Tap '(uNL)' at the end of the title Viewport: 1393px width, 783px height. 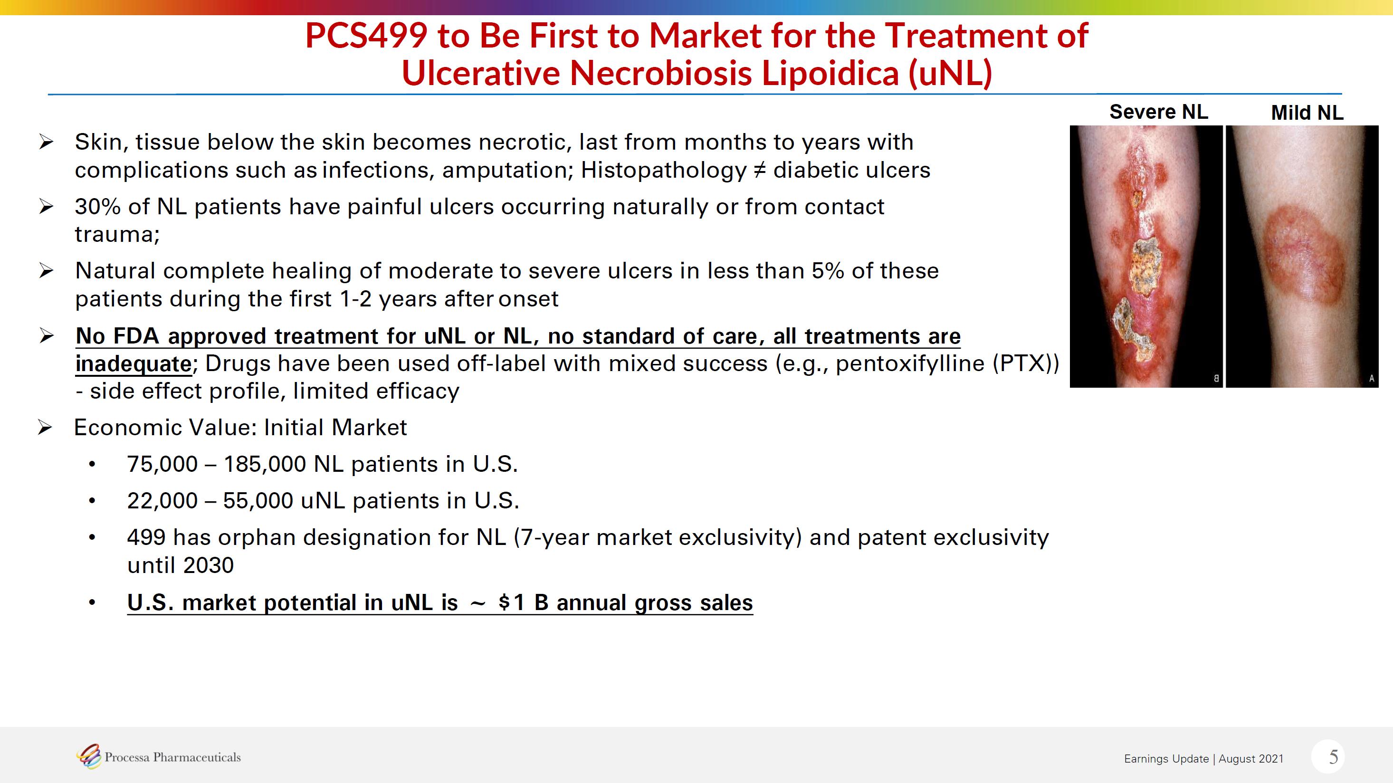click(x=950, y=73)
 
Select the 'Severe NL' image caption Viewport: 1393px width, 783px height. click(x=1158, y=112)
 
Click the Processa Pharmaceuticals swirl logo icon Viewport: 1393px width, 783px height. click(x=89, y=756)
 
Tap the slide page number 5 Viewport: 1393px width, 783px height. click(x=1334, y=756)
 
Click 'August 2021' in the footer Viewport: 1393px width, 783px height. click(x=1251, y=759)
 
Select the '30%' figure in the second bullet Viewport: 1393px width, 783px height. click(x=98, y=207)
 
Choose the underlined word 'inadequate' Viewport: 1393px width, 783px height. click(x=134, y=364)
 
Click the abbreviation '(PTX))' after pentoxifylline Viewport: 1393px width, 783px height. click(x=1025, y=363)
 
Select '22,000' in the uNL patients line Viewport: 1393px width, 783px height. click(x=162, y=501)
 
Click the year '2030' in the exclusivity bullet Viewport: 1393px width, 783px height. click(x=208, y=565)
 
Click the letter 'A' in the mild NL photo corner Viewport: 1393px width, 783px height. click(x=1371, y=379)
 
